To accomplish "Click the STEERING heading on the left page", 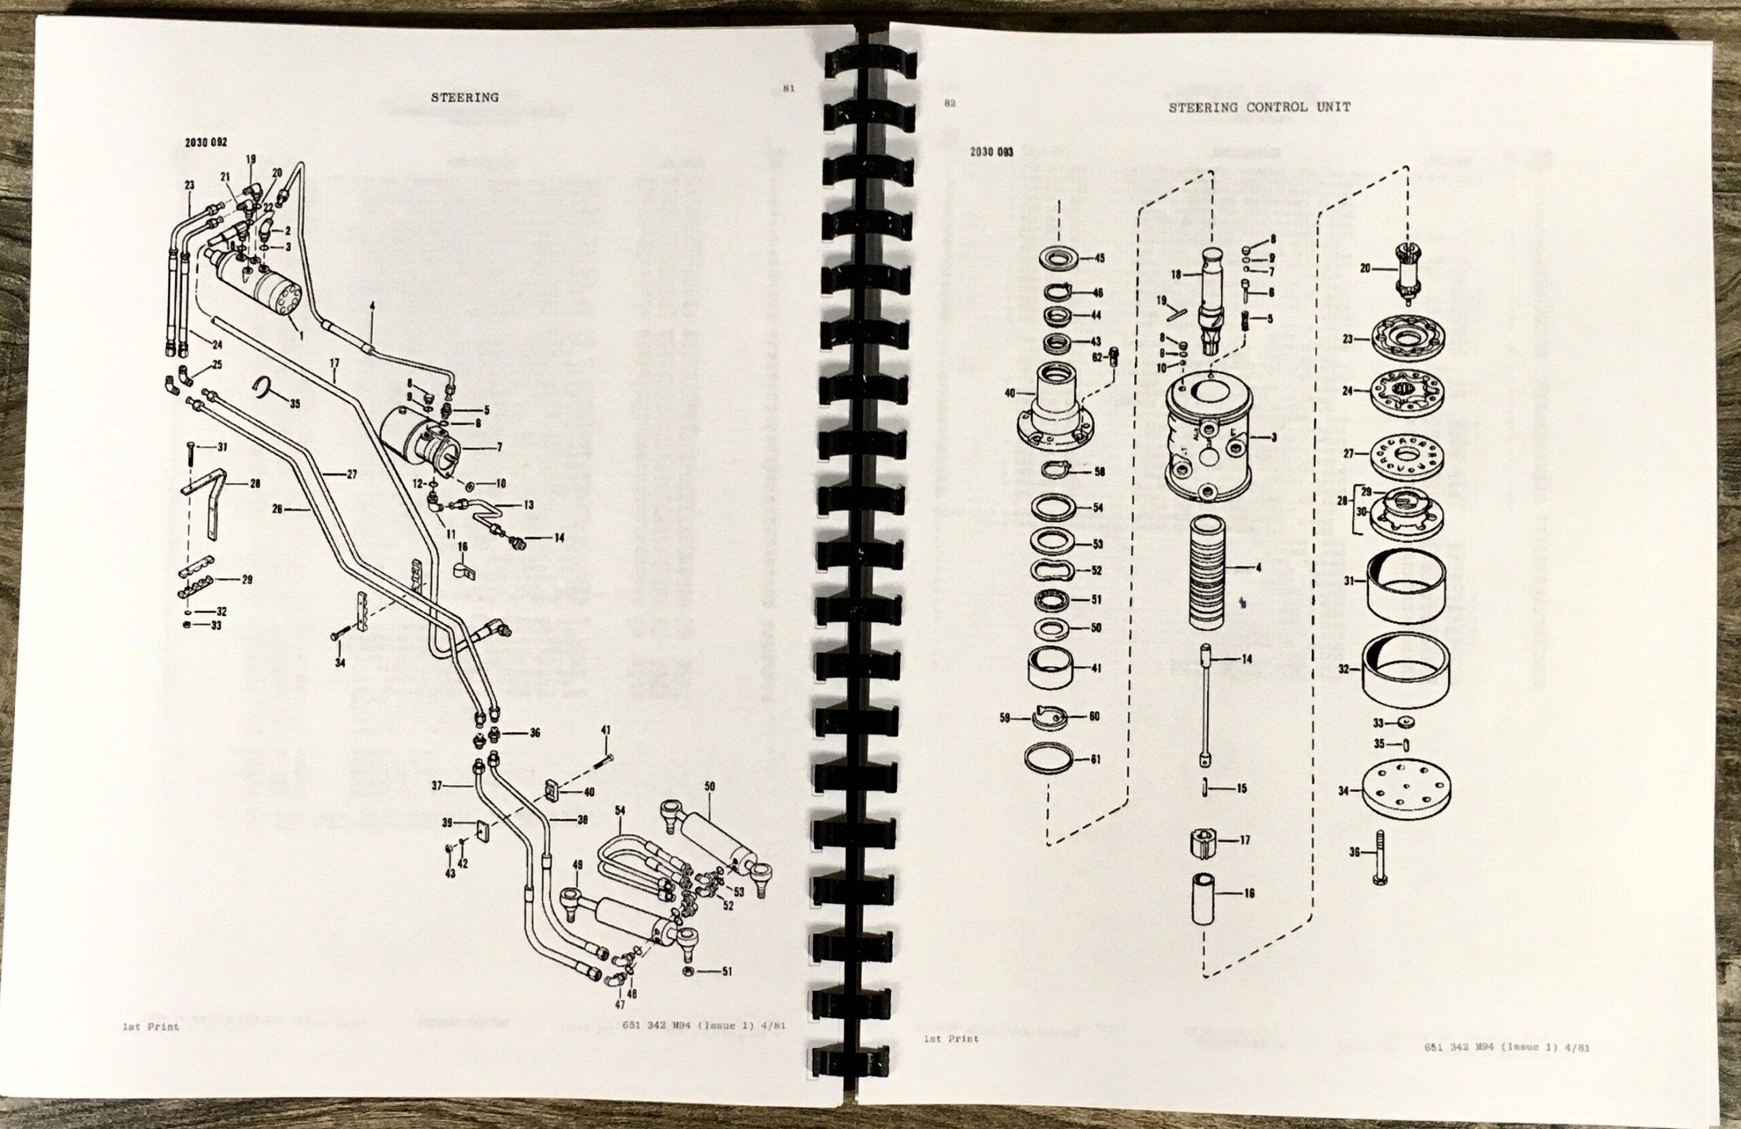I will (x=464, y=97).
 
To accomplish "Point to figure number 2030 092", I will (x=205, y=143).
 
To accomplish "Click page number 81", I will (x=789, y=88).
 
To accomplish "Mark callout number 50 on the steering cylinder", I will (x=709, y=786).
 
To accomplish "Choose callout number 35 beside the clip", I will (x=294, y=404).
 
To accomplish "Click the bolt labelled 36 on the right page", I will (x=1381, y=857).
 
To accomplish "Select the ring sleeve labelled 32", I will (x=1402, y=670).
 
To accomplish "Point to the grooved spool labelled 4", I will (x=1206, y=572).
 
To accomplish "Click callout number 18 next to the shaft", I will (x=1177, y=275).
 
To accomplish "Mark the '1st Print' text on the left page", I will (x=151, y=1026).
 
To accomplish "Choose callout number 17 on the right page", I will (x=1245, y=840).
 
